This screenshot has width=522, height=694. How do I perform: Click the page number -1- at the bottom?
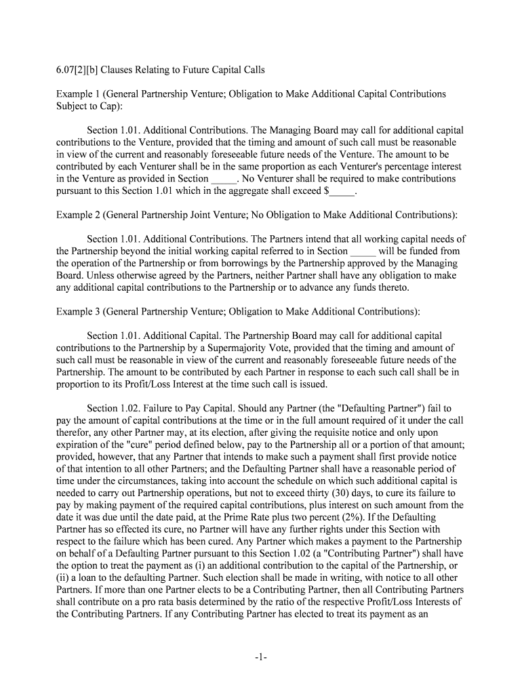(x=261, y=657)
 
